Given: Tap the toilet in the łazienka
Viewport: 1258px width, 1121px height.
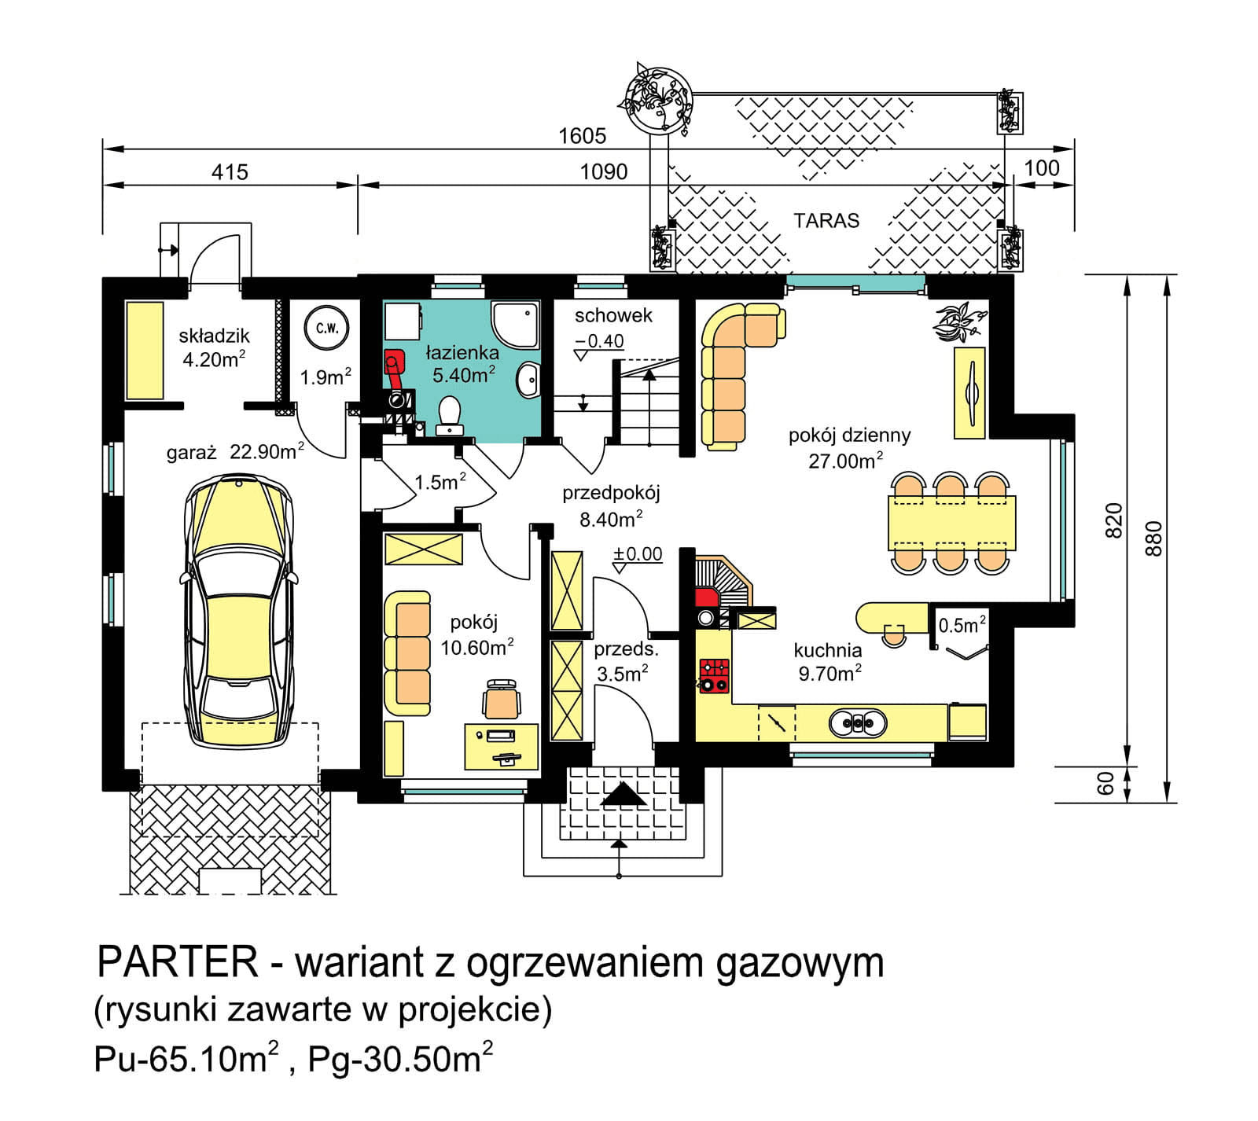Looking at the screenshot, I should (x=449, y=415).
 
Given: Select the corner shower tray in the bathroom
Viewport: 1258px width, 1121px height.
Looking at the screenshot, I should (x=516, y=324).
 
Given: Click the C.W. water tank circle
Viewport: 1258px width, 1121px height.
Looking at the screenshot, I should (x=326, y=329).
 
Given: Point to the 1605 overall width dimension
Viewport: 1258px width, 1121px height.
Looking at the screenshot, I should (x=582, y=136).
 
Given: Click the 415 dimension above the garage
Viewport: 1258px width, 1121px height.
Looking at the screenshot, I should (x=230, y=172).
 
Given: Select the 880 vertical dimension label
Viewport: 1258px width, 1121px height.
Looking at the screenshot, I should (x=1153, y=538).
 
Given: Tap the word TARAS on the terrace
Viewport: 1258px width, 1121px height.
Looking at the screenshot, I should (x=826, y=221).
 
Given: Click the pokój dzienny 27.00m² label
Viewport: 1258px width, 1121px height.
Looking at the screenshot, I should (x=848, y=448).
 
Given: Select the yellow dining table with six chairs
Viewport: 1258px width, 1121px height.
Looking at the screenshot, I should (x=951, y=523).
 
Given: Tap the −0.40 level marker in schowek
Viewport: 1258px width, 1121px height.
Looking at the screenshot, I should (x=599, y=341).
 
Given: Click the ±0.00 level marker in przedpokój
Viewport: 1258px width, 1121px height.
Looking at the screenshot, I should (x=638, y=554).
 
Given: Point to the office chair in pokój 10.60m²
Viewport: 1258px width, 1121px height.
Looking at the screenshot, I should (x=502, y=699).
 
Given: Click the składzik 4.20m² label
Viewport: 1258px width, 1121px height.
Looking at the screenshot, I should (x=213, y=347).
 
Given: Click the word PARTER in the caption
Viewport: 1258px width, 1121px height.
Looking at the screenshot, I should (x=177, y=961).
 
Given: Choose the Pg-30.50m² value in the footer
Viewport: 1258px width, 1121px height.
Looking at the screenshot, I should (x=400, y=1059).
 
